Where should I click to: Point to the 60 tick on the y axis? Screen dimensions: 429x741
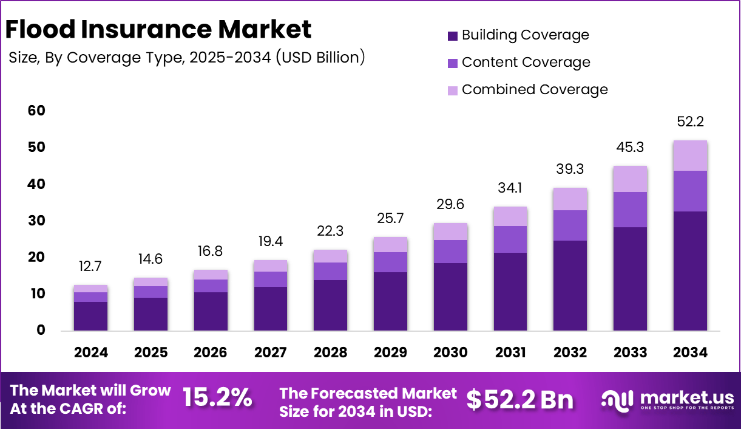click(36, 111)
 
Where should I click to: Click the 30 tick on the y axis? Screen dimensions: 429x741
click(36, 221)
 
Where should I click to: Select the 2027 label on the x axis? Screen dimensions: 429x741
click(271, 353)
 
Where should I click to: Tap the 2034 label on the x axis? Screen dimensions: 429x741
click(690, 353)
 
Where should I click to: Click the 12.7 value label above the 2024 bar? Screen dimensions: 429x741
click(91, 266)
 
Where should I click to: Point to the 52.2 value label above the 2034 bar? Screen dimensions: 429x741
click(690, 122)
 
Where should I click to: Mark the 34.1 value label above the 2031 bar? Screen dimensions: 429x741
click(510, 187)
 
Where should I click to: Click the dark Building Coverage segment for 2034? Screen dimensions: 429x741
click(690, 271)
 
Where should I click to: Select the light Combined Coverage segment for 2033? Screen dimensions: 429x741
click(630, 179)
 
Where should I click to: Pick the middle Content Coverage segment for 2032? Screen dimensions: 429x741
click(570, 225)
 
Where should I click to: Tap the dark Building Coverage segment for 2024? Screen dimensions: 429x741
click(91, 316)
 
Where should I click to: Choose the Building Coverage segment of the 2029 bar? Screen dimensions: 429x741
click(390, 301)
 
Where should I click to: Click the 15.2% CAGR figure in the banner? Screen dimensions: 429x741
click(217, 398)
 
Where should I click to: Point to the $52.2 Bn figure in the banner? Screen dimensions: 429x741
click(519, 399)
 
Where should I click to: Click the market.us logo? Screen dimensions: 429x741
click(668, 399)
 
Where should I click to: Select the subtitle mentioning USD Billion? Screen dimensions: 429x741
click(187, 58)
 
